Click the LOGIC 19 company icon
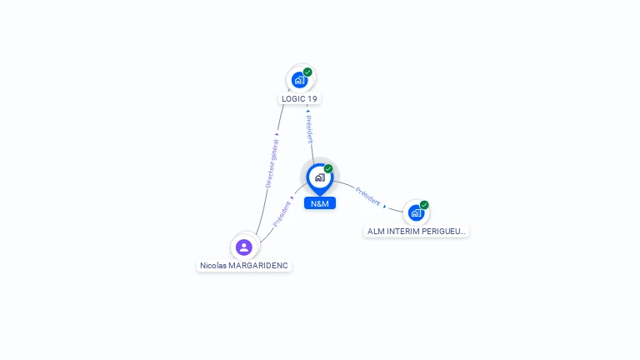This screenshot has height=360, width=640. point(300,80)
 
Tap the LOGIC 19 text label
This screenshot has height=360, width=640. point(299,99)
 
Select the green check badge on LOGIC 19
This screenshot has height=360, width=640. point(307,72)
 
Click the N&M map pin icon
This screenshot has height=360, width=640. point(320,179)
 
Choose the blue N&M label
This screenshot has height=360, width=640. point(320,203)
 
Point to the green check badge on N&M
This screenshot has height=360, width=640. point(328,168)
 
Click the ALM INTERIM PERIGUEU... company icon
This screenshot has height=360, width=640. point(416,213)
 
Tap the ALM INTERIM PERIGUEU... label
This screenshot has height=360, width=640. point(417,232)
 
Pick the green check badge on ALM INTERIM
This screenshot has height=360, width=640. point(424,205)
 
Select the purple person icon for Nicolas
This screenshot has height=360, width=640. point(244,247)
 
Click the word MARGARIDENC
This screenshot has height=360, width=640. point(258,266)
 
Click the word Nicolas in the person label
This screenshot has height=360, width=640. point(213,266)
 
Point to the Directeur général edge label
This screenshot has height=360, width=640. point(272,163)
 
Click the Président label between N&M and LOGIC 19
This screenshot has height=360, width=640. point(310,129)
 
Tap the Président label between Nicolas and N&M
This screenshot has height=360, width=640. point(282,214)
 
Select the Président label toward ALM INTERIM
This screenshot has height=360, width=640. point(367,197)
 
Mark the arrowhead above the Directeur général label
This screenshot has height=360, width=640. point(277,134)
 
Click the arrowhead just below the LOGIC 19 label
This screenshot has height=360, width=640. point(308,111)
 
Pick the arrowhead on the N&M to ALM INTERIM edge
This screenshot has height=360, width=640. point(384,207)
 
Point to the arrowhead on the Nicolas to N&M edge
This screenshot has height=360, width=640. point(292,198)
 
